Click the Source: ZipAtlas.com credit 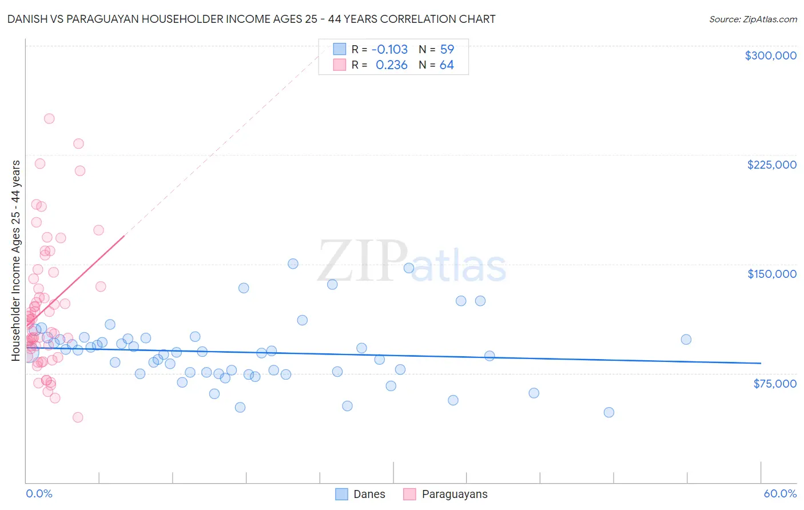753,19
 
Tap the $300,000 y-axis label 770,55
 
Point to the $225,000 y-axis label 771,165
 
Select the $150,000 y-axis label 771,274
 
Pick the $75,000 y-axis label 774,384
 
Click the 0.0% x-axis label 39,493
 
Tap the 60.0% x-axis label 780,493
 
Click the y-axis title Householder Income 16,261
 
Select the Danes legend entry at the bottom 369,494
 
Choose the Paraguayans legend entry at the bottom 454,494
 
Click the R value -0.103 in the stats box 389,50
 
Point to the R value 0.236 391,65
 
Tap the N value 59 447,50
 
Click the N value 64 447,65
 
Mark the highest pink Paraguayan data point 49,119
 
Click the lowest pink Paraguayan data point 78,417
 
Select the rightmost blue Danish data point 686,340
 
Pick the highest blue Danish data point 293,264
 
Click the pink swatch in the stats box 340,65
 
